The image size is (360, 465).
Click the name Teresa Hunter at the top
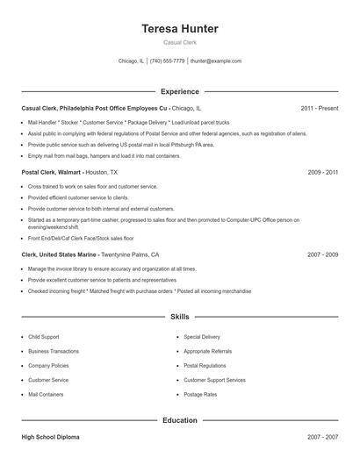coord(179,29)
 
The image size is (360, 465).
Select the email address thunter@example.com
coord(215,61)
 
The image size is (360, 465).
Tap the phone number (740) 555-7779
coord(167,61)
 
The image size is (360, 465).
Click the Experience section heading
coord(179,91)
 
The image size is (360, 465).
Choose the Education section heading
coord(179,420)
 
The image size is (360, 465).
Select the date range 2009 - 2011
coord(322,173)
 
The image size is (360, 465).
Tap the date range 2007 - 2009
coord(322,254)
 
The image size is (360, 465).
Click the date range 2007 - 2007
coord(322,437)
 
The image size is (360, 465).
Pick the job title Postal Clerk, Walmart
coord(53,173)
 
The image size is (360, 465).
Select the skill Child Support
coord(45,337)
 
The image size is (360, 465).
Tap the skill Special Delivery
coord(202,337)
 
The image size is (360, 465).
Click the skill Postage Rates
coord(199,395)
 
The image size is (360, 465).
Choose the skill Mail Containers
coord(47,395)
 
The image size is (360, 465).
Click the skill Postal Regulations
coord(205,366)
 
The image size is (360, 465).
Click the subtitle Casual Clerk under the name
coord(179,42)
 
